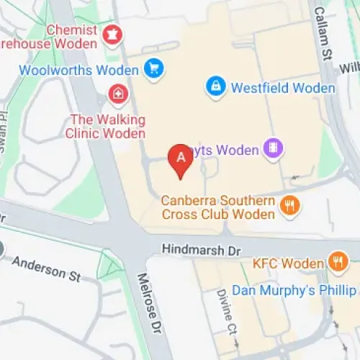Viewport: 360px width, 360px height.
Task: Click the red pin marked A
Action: pyautogui.click(x=180, y=159)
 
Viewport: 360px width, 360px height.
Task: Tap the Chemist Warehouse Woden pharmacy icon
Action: pyautogui.click(x=112, y=34)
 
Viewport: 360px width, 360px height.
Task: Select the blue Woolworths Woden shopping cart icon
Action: pyautogui.click(x=153, y=69)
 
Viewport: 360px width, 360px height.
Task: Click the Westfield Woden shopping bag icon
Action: pyautogui.click(x=215, y=87)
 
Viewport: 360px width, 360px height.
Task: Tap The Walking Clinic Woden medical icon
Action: pyautogui.click(x=117, y=94)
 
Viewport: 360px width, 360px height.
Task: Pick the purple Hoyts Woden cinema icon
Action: pyautogui.click(x=273, y=149)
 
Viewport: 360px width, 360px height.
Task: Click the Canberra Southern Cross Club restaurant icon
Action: pyautogui.click(x=289, y=207)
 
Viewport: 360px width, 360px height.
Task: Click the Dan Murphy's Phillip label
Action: pyautogui.click(x=302, y=290)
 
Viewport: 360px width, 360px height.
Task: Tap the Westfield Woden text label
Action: pyautogui.click(x=283, y=89)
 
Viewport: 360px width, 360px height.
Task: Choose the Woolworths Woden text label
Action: pyautogui.click(x=78, y=71)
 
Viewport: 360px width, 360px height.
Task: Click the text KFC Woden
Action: pyautogui.click(x=288, y=264)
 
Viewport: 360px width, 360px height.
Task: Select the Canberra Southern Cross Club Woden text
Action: pyautogui.click(x=218, y=207)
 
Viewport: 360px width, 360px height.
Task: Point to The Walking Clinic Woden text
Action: pyautogui.click(x=107, y=126)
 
